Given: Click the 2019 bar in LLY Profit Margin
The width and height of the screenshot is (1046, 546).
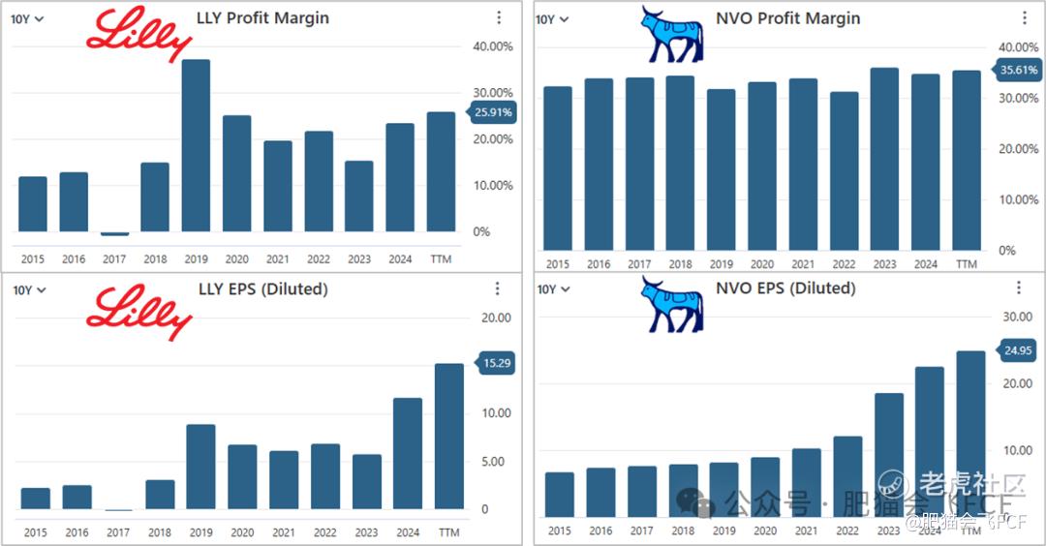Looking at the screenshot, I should click(197, 145).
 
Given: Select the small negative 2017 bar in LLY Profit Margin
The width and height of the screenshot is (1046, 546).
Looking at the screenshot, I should click(114, 233).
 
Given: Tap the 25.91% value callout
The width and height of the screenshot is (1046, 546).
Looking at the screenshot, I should click(493, 112).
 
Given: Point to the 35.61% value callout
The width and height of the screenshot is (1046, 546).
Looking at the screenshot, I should click(1017, 70).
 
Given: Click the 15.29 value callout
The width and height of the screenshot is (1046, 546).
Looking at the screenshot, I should click(494, 363).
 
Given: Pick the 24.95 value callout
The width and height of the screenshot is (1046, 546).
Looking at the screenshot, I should click(1017, 349).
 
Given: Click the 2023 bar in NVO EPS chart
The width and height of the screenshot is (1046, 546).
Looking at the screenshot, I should click(889, 454).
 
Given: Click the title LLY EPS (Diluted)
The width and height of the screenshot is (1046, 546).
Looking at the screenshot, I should click(261, 288).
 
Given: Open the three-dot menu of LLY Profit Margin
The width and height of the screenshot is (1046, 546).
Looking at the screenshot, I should click(498, 17).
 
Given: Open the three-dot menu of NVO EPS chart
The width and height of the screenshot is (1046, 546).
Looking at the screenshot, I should click(1018, 288).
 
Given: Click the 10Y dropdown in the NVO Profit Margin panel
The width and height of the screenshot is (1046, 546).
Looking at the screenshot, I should click(552, 19).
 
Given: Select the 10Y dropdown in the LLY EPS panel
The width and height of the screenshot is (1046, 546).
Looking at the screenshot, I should click(28, 289).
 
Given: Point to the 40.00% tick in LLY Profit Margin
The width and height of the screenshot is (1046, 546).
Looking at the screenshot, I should click(492, 46).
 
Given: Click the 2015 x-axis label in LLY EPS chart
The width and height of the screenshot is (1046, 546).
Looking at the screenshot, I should click(35, 532).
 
